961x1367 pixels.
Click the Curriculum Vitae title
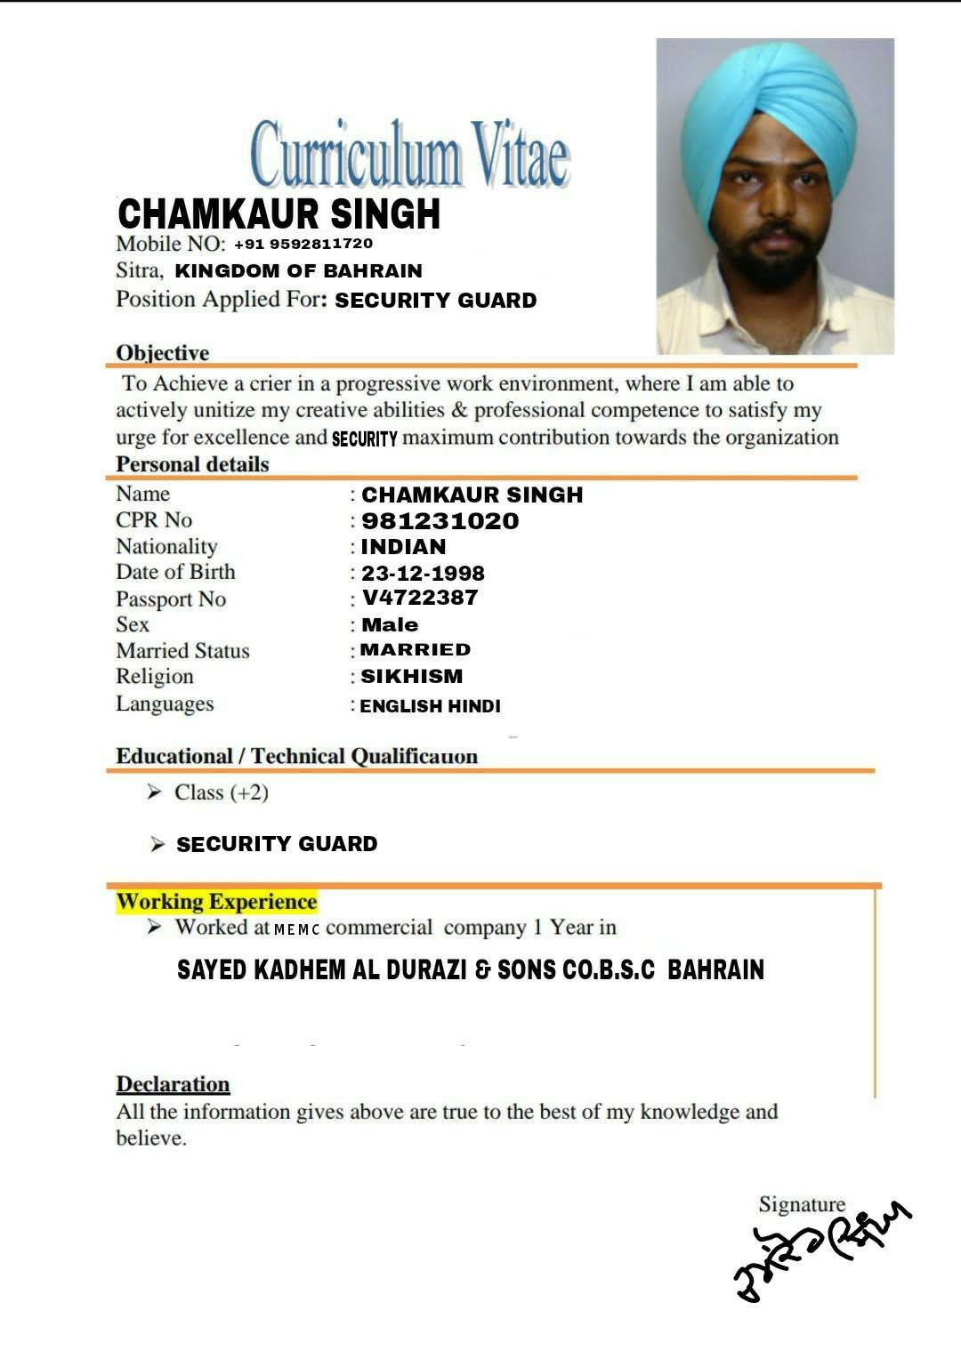410,155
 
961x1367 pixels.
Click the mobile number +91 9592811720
303,244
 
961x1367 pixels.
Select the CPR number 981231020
440,521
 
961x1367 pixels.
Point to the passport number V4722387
420,598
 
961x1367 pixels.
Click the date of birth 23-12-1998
423,574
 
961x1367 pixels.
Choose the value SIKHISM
411,677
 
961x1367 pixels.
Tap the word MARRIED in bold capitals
415,650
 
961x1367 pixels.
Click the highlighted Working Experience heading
216,902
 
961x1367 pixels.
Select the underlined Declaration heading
173,1085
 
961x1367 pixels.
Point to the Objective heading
163,353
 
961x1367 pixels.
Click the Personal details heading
192,464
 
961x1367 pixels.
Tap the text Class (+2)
221,792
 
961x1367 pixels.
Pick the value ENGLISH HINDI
430,706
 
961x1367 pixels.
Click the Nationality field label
166,547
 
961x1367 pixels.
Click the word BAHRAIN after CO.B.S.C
715,969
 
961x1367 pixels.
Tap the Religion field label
155,677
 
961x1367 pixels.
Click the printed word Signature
802,1204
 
